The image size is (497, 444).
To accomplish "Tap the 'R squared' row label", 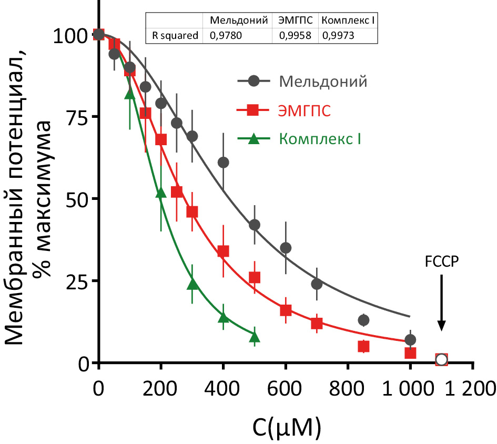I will point(175,36).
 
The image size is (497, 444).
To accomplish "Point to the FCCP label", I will point(442,261).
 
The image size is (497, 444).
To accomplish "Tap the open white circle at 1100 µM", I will point(442,360).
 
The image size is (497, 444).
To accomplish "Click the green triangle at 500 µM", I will point(255,337).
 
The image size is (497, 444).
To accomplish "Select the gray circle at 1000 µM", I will point(410,340).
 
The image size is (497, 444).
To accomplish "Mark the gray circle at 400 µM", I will point(223,163).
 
